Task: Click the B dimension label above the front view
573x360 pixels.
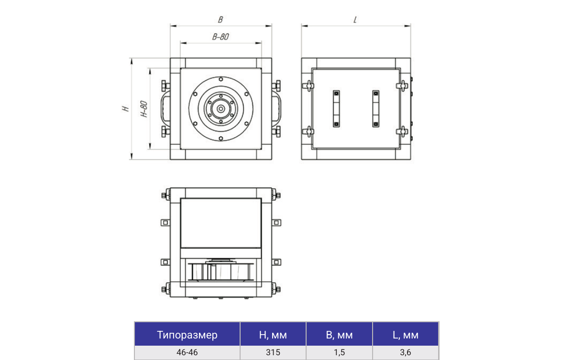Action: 220,20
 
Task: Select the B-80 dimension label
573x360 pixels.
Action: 220,36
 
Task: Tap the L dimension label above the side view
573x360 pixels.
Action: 355,20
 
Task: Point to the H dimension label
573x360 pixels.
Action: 126,109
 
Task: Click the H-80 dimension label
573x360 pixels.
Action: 144,109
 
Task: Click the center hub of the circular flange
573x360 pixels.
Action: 220,109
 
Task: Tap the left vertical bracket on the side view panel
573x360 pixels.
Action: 336,109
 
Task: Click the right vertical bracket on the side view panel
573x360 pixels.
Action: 375,109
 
